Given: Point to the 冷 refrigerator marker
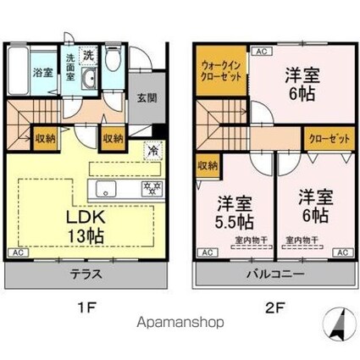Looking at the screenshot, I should [x=152, y=151].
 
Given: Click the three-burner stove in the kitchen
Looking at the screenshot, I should [x=152, y=187].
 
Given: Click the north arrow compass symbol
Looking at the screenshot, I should [x=339, y=325].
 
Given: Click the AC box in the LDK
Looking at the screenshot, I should [x=15, y=252].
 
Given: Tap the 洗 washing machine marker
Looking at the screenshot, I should [x=88, y=53].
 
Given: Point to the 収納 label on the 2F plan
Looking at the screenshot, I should [x=207, y=164].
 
